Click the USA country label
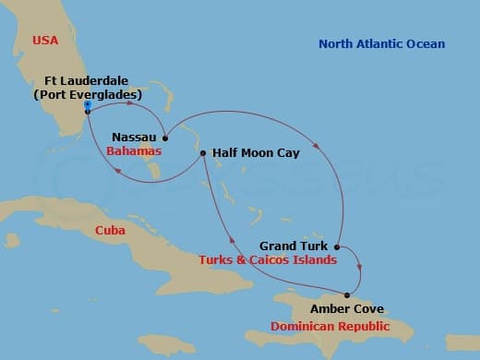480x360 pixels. coord(45,40)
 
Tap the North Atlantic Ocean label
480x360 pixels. coord(381,44)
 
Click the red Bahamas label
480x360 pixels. coord(134,150)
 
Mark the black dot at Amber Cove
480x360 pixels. coord(347,295)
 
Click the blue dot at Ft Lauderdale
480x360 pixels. coord(87,105)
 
